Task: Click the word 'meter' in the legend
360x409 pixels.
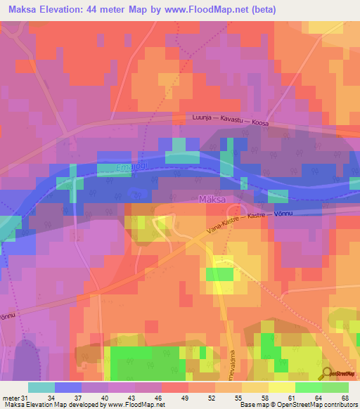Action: [8, 397]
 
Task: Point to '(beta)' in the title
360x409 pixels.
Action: [264, 10]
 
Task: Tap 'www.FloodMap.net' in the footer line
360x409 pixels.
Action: [134, 405]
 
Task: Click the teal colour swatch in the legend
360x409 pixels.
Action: [41, 387]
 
